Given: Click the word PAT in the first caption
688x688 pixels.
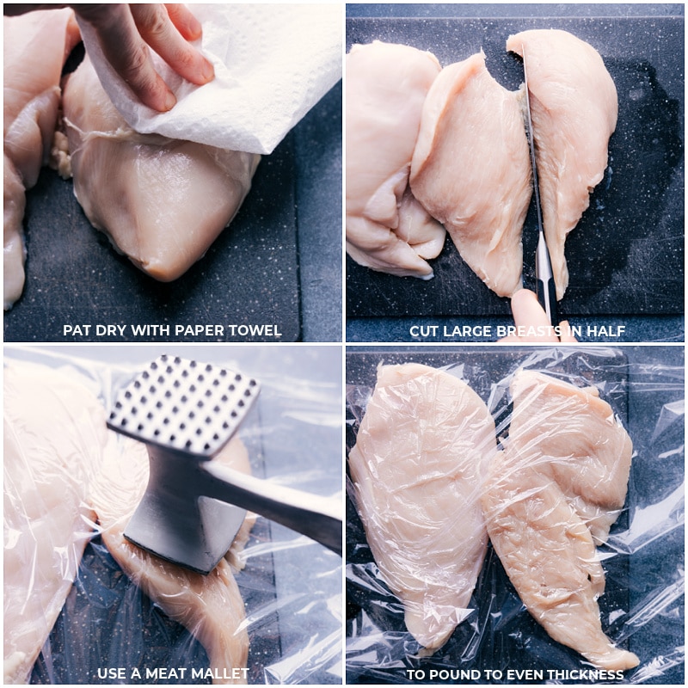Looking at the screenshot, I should coord(77,330).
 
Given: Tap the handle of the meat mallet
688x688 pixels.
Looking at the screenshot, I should coord(275,503).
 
